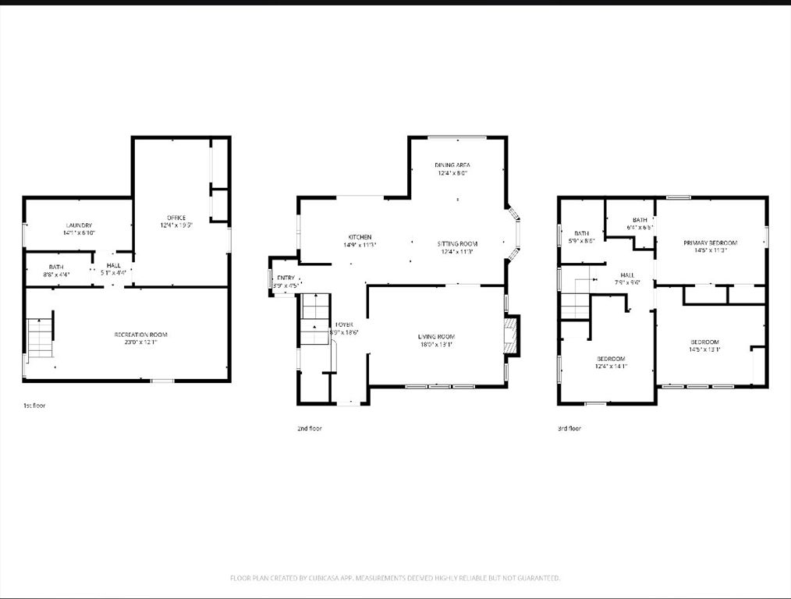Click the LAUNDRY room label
pyautogui.click(x=78, y=225)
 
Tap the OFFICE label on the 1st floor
pyautogui.click(x=176, y=218)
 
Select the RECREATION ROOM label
pyautogui.click(x=141, y=335)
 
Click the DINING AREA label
pyautogui.click(x=452, y=165)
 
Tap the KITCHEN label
pyautogui.click(x=360, y=236)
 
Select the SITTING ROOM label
pyautogui.click(x=457, y=244)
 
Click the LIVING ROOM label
pyautogui.click(x=435, y=336)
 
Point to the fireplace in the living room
pyautogui.click(x=511, y=335)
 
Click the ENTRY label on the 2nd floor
pyautogui.click(x=286, y=278)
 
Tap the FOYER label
pyautogui.click(x=344, y=324)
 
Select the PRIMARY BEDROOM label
pyautogui.click(x=710, y=243)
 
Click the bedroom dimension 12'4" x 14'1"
pyautogui.click(x=611, y=366)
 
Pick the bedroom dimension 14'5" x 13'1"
pyautogui.click(x=704, y=349)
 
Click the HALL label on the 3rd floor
pyautogui.click(x=628, y=275)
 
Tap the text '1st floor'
pyautogui.click(x=34, y=406)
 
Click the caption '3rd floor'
pyautogui.click(x=569, y=428)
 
